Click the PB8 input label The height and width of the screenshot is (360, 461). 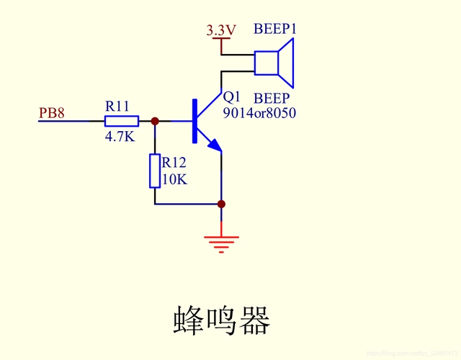pyautogui.click(x=52, y=113)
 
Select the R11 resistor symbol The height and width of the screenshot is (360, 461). pyautogui.click(x=122, y=121)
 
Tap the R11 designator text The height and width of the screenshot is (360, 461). pyautogui.click(x=117, y=106)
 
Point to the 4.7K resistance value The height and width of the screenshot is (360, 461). pyautogui.click(x=120, y=136)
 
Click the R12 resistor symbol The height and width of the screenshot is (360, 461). pyautogui.click(x=155, y=171)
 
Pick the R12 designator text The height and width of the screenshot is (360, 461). pyautogui.click(x=175, y=163)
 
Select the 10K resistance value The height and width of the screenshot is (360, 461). pyautogui.click(x=174, y=179)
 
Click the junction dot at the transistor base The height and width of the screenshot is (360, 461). pyautogui.click(x=155, y=121)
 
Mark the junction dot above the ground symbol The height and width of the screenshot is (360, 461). pyautogui.click(x=221, y=204)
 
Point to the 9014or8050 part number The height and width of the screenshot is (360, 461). pyautogui.click(x=259, y=113)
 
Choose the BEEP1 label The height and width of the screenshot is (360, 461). pyautogui.click(x=275, y=30)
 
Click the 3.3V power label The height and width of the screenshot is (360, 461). pyautogui.click(x=221, y=30)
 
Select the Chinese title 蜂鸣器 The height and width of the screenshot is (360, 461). pyautogui.click(x=221, y=320)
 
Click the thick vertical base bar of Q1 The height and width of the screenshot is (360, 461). pyautogui.click(x=194, y=121)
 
